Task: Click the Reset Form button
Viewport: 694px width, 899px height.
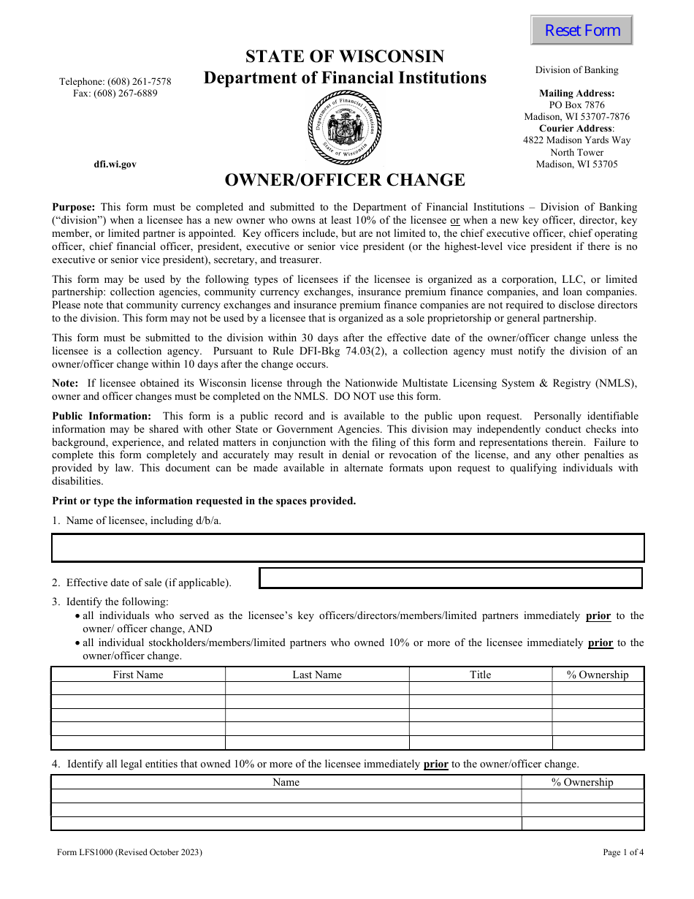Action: (x=581, y=31)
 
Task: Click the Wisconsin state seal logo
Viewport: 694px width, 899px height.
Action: (x=344, y=129)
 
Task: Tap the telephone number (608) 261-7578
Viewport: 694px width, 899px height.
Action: (x=115, y=82)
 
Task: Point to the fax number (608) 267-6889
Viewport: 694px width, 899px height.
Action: (x=115, y=94)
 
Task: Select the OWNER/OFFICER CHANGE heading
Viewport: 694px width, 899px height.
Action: (x=344, y=180)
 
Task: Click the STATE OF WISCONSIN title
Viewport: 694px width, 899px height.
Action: (x=344, y=57)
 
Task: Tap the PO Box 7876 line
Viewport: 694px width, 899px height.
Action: (x=576, y=105)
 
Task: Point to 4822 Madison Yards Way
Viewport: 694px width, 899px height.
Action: (x=576, y=140)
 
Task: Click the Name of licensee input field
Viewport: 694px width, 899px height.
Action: (x=348, y=547)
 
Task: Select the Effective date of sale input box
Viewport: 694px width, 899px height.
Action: (x=451, y=578)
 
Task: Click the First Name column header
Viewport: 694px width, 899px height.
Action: (x=138, y=675)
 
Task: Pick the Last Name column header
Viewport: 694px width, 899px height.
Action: (x=317, y=675)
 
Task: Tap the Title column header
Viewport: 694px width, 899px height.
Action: (x=480, y=675)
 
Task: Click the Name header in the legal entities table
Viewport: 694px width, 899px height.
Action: (x=286, y=782)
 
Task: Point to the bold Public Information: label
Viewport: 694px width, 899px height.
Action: (x=102, y=416)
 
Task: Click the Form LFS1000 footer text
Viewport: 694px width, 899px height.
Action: (x=129, y=852)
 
